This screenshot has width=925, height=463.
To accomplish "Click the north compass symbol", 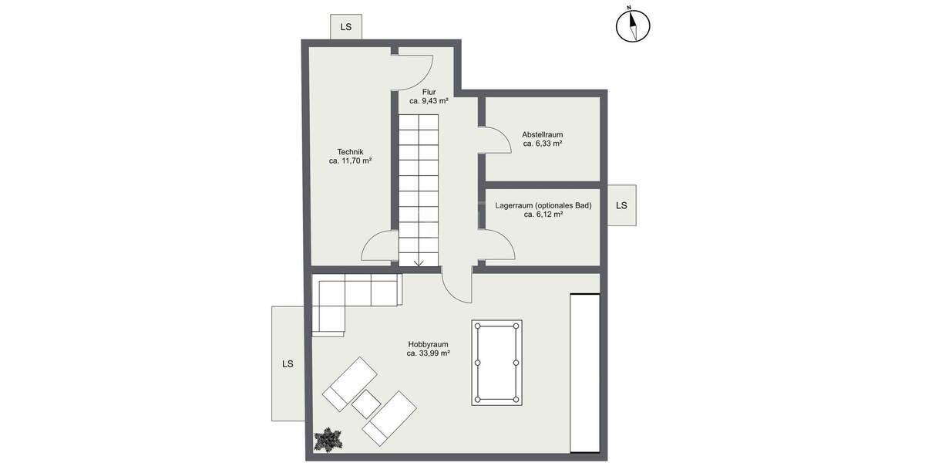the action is [x=633, y=25].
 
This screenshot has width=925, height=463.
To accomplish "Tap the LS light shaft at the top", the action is [x=346, y=27].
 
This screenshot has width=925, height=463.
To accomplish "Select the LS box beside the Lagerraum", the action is [x=621, y=205].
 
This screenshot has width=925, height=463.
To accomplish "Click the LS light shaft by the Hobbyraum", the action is [x=288, y=363].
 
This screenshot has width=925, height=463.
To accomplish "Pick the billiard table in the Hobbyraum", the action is [x=496, y=362].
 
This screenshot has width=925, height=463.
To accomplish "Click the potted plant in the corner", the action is [x=328, y=440].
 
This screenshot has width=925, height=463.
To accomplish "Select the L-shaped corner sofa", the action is [x=343, y=297].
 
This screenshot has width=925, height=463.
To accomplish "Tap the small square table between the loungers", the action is [x=367, y=404].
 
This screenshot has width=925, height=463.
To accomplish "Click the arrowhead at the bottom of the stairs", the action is [x=419, y=262].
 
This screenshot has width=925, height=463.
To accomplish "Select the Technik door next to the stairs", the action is [x=379, y=247].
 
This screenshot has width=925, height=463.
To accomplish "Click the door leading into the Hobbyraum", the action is [x=456, y=286].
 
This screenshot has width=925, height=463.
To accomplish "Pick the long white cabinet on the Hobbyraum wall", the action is [x=584, y=373].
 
